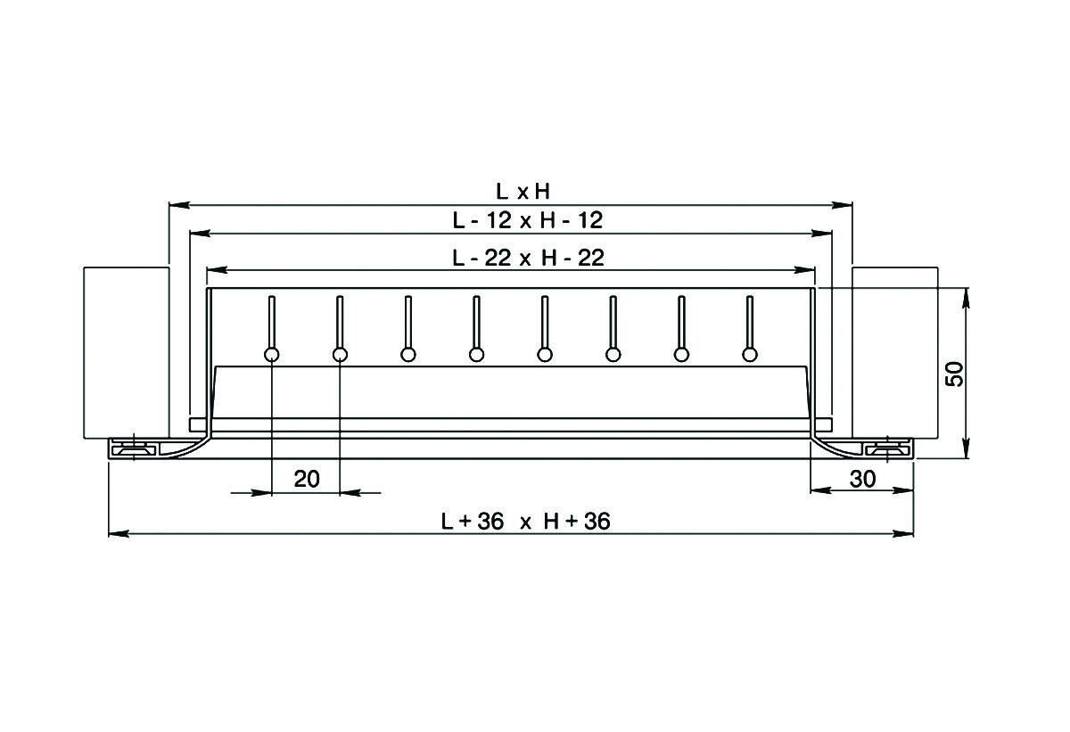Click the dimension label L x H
523,192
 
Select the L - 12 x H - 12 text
527,220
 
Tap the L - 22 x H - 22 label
528,258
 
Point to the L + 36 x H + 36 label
525,521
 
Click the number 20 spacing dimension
307,479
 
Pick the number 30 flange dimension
863,479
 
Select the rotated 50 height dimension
955,374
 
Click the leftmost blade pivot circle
271,355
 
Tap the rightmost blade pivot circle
750,355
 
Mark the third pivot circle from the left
408,355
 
